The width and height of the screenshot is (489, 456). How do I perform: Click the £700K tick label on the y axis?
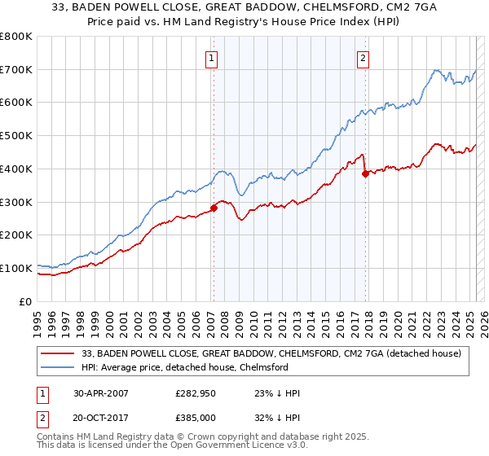point(16,70)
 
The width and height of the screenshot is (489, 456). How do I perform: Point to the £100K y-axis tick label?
point(16,268)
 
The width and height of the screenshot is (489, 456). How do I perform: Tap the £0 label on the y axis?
point(25,301)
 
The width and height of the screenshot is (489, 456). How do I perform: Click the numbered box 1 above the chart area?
point(212,58)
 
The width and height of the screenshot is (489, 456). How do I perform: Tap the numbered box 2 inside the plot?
point(362,58)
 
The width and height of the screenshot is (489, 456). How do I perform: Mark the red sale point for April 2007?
point(214,208)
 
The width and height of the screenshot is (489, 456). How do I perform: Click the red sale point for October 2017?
point(365,173)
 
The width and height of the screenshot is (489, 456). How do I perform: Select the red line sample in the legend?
point(59,353)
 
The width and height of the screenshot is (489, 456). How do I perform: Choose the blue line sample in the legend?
point(59,367)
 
